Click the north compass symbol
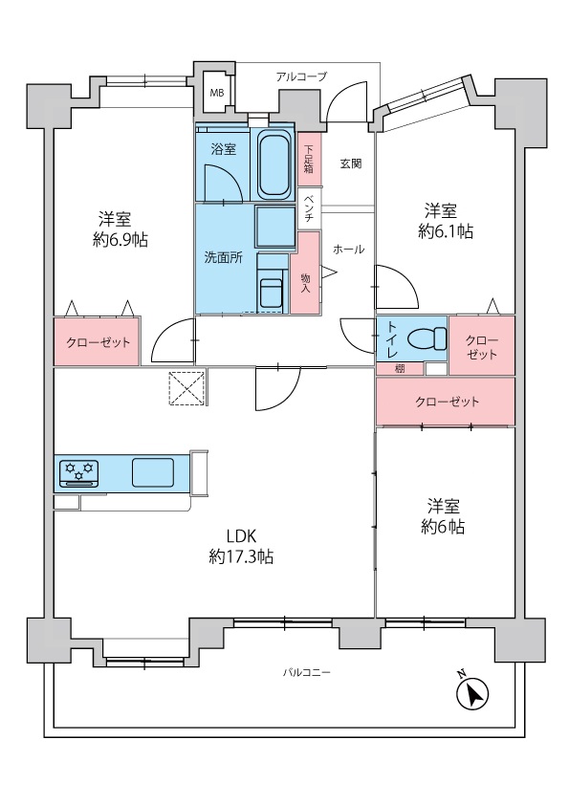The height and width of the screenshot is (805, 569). pyautogui.click(x=472, y=693)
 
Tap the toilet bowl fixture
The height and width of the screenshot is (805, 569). pyautogui.click(x=427, y=338)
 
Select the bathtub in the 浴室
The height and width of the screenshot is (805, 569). pyautogui.click(x=274, y=163)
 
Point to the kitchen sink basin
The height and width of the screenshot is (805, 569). pyautogui.click(x=153, y=472)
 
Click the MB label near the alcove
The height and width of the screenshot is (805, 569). pyautogui.click(x=217, y=94)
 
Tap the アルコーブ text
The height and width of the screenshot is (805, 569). pyautogui.click(x=301, y=77)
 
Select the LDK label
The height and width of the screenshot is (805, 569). pyautogui.click(x=241, y=536)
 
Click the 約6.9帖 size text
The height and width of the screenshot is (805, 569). pyautogui.click(x=120, y=240)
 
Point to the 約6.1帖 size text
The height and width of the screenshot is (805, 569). pyautogui.click(x=446, y=231)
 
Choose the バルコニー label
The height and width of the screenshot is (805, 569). pyautogui.click(x=307, y=672)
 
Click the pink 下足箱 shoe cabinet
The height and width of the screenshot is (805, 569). pyautogui.click(x=309, y=159)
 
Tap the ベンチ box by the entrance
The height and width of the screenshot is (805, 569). pyautogui.click(x=310, y=208)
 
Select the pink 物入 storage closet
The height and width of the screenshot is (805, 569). pyautogui.click(x=305, y=272)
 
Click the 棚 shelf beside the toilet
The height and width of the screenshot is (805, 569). pyautogui.click(x=400, y=369)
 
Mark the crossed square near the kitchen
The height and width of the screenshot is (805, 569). pyautogui.click(x=187, y=387)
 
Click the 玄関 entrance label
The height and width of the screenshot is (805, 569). pyautogui.click(x=351, y=163)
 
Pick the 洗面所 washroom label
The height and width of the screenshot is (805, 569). pyautogui.click(x=224, y=258)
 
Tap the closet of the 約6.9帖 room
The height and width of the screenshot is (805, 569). pyautogui.click(x=97, y=341)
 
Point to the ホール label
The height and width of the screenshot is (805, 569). pyautogui.click(x=349, y=250)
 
